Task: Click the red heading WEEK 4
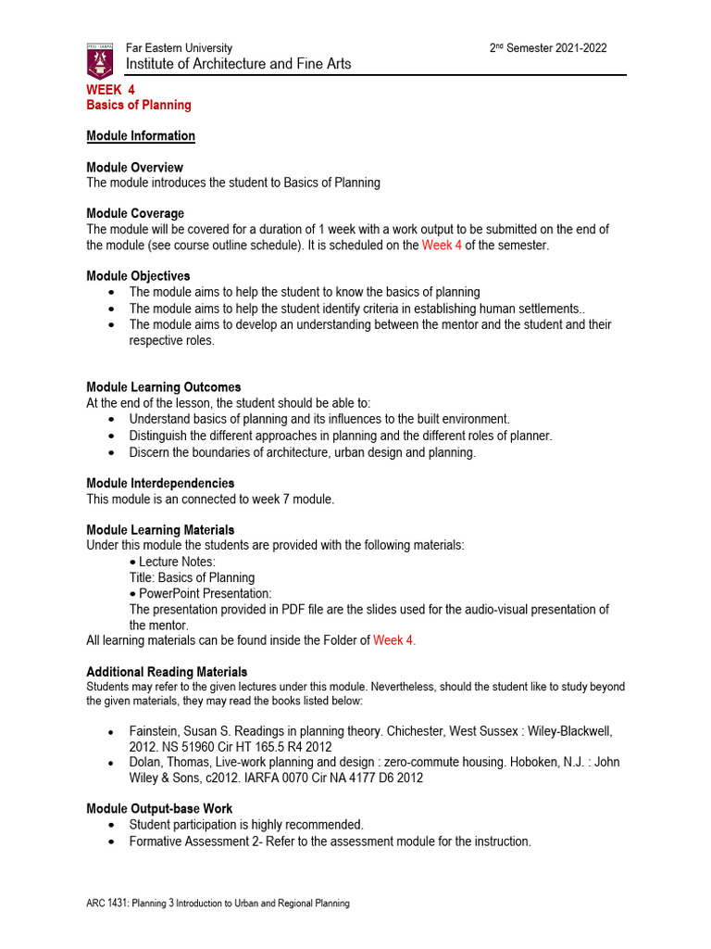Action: (110, 90)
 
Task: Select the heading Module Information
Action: (141, 136)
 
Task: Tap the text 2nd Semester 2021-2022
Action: (548, 48)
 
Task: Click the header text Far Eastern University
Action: (179, 48)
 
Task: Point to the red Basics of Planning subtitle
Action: (139, 106)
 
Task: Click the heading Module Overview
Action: (134, 168)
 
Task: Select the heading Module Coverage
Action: (135, 214)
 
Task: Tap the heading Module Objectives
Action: (138, 276)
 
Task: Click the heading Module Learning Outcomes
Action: (163, 387)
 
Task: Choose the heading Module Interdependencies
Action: (160, 484)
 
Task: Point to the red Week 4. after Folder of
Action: (394, 640)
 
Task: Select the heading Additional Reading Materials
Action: (167, 672)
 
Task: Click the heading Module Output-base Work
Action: (159, 809)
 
